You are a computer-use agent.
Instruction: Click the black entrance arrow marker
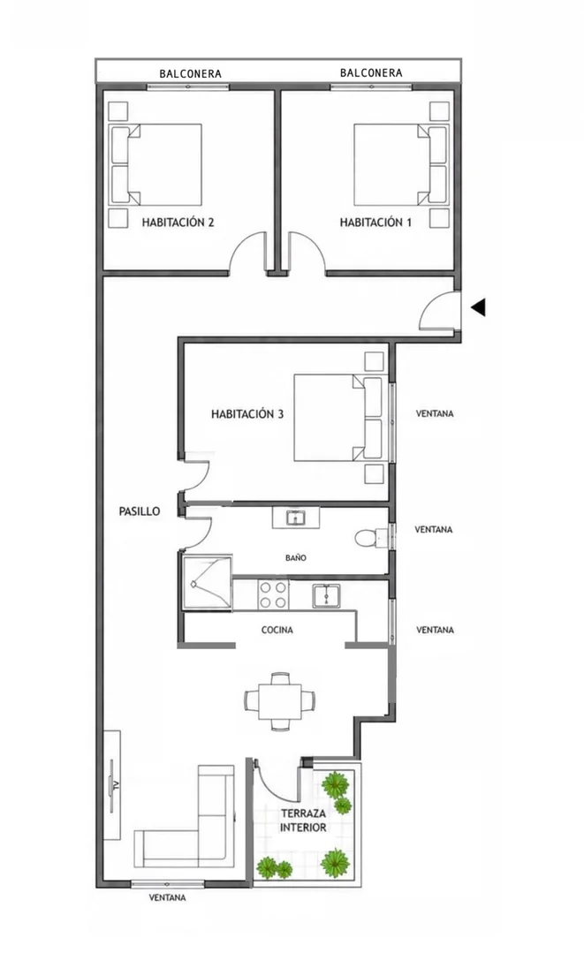tap(479, 307)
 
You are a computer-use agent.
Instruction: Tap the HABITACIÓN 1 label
tap(375, 223)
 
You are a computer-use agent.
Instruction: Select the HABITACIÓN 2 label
tap(178, 223)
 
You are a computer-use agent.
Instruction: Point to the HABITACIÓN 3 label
tap(247, 414)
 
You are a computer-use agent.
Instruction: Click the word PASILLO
tap(140, 511)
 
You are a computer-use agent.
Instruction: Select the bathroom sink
tap(296, 518)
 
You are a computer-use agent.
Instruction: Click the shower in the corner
tap(208, 582)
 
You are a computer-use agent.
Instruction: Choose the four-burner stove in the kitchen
tap(273, 594)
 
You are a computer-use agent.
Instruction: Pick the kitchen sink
tap(328, 595)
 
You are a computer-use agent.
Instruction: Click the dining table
tap(279, 700)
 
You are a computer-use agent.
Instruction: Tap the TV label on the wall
tap(111, 785)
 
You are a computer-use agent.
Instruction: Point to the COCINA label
tap(277, 631)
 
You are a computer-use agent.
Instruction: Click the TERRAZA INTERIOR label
tap(303, 820)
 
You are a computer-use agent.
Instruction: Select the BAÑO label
tap(296, 557)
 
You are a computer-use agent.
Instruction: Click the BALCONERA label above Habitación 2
tap(190, 73)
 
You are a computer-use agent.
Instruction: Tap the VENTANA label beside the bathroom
tap(433, 529)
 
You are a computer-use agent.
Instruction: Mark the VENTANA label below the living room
tap(168, 897)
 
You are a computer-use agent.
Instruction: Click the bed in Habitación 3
tap(338, 418)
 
